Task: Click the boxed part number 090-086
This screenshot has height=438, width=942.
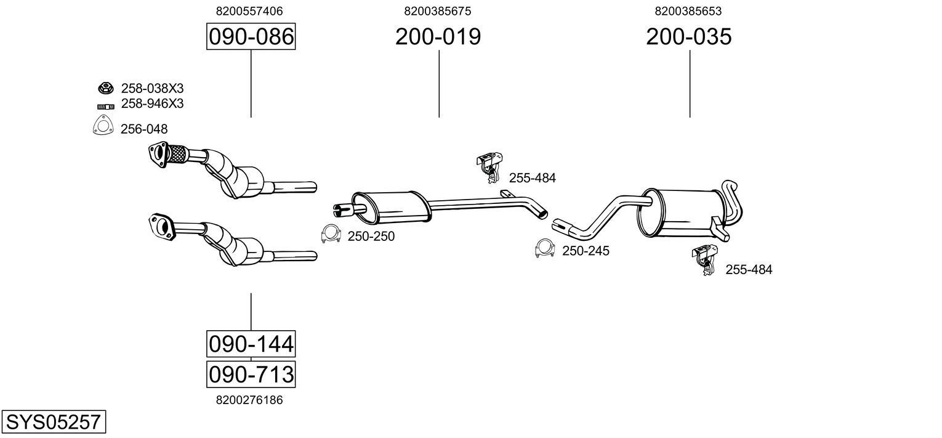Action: tap(251, 37)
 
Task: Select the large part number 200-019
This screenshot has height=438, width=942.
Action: tap(438, 37)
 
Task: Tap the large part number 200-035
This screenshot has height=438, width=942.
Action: tap(688, 37)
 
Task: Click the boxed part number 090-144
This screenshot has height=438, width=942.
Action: tap(251, 343)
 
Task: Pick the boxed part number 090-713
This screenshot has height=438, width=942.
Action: tap(251, 374)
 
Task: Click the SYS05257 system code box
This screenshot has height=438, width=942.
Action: tap(53, 422)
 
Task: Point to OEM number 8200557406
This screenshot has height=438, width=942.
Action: tap(249, 11)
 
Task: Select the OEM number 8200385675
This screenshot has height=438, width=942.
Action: tap(438, 11)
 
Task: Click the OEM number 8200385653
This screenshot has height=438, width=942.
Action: tap(688, 11)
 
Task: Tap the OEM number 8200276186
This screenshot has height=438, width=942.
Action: tap(249, 400)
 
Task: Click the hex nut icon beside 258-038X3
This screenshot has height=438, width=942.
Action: tap(105, 88)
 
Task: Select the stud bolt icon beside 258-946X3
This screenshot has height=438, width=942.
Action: tap(106, 106)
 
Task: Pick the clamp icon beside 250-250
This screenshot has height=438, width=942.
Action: tap(331, 234)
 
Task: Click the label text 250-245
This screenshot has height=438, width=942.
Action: tap(585, 251)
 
